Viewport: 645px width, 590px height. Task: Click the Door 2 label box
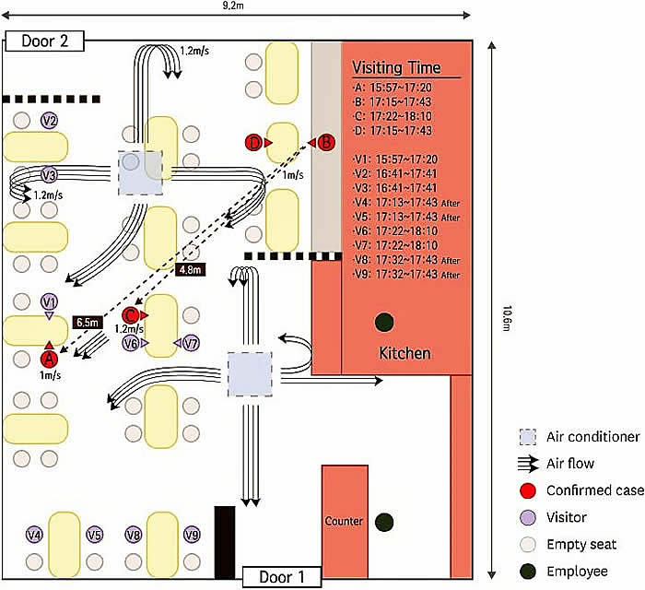[44, 41]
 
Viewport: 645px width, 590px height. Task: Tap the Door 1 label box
[282, 577]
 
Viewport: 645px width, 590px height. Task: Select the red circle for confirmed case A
[49, 360]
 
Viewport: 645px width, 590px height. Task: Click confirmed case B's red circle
[326, 143]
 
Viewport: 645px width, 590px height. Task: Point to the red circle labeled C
[131, 315]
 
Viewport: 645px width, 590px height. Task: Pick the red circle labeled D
[254, 143]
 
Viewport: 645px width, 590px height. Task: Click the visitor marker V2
[50, 121]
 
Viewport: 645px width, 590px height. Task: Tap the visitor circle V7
[191, 343]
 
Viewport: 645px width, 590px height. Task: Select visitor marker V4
[34, 535]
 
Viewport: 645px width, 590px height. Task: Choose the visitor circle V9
[192, 535]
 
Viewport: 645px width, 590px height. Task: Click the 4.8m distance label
[190, 270]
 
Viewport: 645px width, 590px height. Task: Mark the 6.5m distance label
[88, 322]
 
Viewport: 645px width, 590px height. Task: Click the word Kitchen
[405, 353]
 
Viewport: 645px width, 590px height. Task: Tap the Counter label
[344, 521]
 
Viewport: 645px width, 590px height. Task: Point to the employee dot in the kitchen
[384, 322]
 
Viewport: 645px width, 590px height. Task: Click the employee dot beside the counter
[384, 522]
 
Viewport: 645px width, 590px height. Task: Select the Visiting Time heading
[396, 67]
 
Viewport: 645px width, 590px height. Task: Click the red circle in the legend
[528, 490]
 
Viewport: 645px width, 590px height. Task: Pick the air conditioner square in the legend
[528, 437]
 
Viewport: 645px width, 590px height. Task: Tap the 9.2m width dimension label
[232, 5]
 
